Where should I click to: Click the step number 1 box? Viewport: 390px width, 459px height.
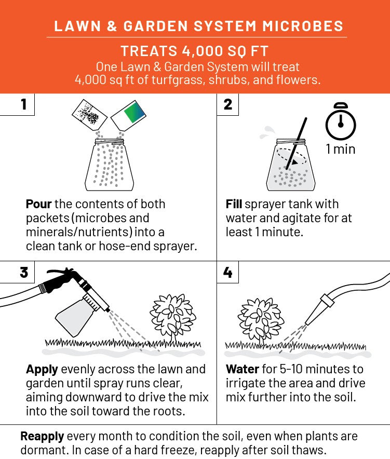point(17,104)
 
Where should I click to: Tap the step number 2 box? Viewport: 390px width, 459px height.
point(228,104)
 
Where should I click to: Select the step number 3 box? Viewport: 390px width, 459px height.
point(17,272)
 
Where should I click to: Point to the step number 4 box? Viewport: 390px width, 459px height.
point(228,272)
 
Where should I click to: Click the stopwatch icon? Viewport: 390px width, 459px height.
point(341,122)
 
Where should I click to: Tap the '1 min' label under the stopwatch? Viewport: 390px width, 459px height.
point(341,149)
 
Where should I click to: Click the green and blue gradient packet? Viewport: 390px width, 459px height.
point(129,116)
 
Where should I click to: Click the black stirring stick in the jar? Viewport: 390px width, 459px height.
point(297,143)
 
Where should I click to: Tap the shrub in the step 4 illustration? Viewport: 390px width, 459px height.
point(261,320)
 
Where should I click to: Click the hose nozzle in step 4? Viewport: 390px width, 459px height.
point(319,309)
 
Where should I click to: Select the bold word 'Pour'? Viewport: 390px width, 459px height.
point(38,204)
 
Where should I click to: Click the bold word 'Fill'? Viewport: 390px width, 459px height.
point(234,204)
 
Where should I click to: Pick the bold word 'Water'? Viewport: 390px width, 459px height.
point(243,369)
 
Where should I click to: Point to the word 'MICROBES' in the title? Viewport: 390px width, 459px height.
point(303,26)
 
